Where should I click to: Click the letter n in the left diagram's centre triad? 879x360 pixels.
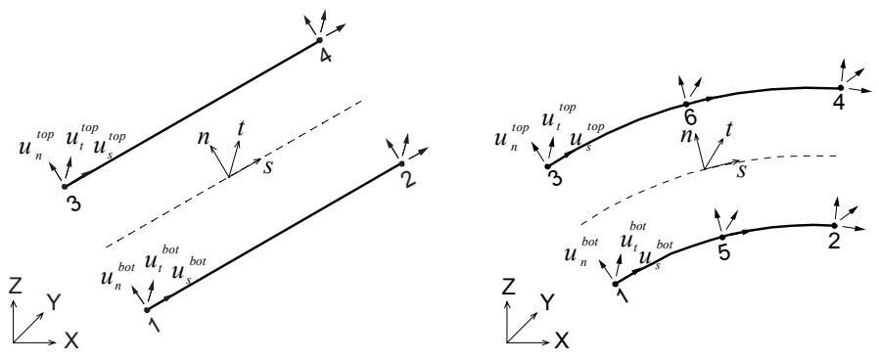point(203,137)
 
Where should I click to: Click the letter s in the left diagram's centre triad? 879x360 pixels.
point(268,167)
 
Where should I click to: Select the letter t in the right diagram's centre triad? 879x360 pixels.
point(731,130)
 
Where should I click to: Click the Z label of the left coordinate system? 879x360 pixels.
point(17,287)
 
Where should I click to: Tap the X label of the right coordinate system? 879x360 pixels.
point(562,339)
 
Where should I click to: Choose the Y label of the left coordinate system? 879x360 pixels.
point(54,303)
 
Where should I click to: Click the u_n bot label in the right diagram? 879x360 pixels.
point(581,252)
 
